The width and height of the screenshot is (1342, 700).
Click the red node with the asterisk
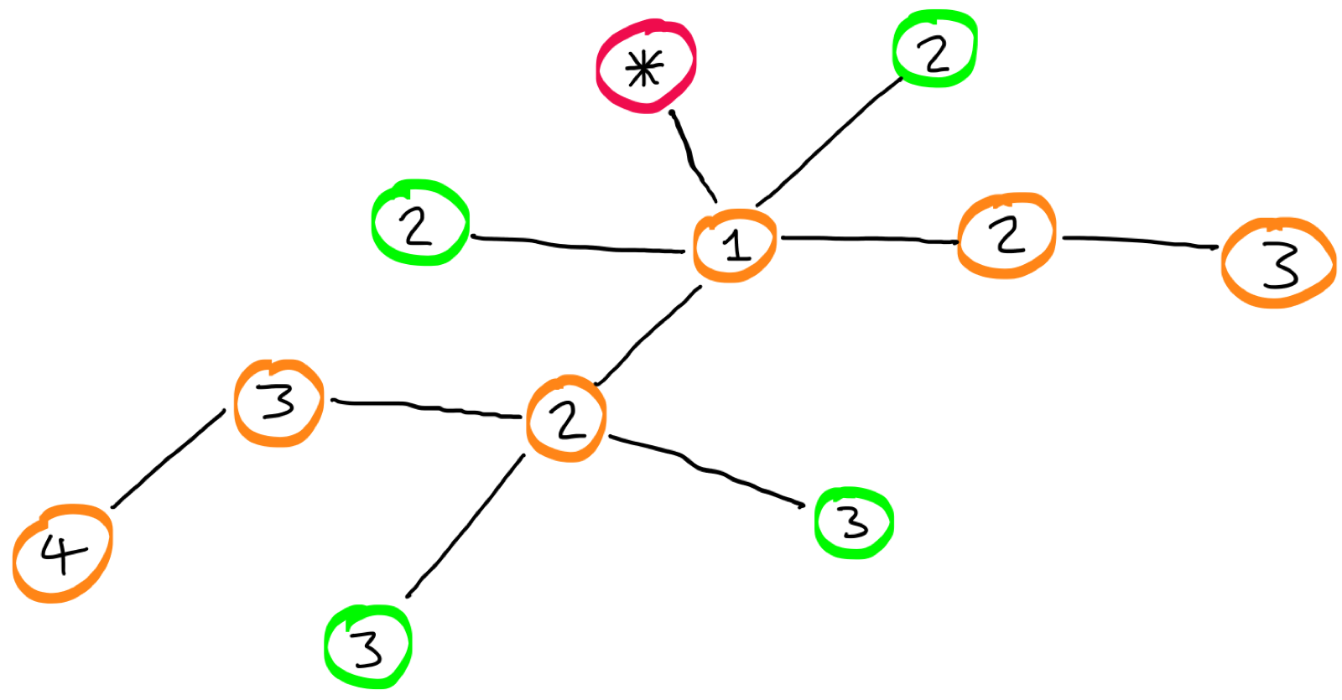point(646,67)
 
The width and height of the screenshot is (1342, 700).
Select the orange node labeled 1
point(735,246)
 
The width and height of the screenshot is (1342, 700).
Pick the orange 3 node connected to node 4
point(278,402)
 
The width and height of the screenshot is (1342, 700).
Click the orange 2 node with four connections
point(567,418)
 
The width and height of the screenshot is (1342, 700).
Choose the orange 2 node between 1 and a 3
point(1006,236)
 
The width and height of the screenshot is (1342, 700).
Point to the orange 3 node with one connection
point(1278,263)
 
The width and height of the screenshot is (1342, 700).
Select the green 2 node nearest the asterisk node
point(934,49)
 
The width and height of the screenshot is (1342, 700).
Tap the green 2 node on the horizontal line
point(419,223)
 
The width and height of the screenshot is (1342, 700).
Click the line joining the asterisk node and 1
point(693,156)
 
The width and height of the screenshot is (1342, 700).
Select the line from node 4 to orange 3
point(168,459)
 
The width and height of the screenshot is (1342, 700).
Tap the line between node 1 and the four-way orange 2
point(649,335)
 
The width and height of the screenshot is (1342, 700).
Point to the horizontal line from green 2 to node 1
point(579,246)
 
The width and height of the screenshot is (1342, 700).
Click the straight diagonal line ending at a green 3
point(466,526)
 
